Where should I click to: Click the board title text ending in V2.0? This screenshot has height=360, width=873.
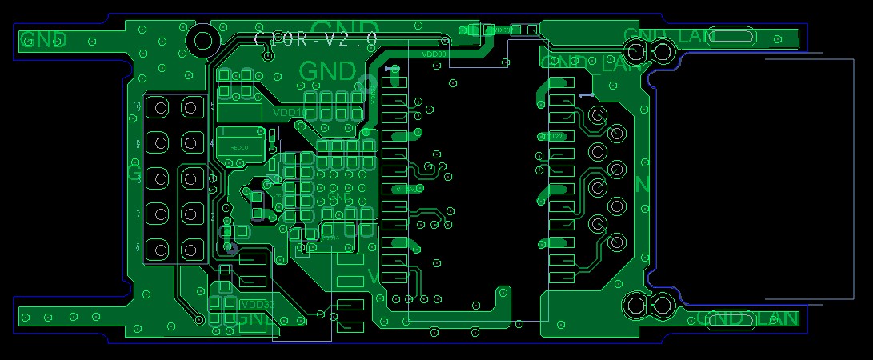[x=315, y=38]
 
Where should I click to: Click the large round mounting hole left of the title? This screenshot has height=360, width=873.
[x=202, y=40]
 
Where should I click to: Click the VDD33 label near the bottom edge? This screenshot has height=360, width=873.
[x=257, y=305]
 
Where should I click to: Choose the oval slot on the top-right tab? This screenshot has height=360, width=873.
[x=732, y=36]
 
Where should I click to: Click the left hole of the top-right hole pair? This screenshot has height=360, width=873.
[x=638, y=53]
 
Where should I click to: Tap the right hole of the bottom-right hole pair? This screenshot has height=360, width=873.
[x=662, y=305]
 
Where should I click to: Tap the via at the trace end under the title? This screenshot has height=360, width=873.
[x=446, y=39]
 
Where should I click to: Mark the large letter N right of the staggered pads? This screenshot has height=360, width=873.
[x=642, y=185]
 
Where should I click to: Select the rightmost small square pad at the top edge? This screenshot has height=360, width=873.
[x=532, y=30]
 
